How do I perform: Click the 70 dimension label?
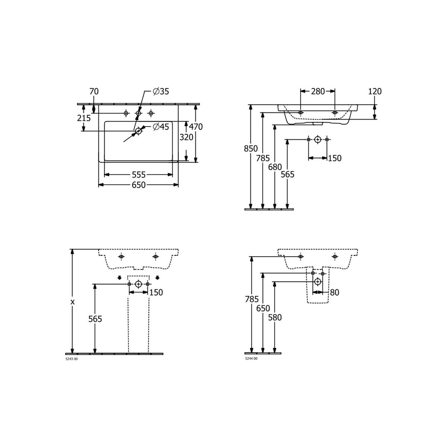click(x=94, y=91)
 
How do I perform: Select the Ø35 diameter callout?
click(x=161, y=91)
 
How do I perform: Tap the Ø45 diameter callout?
click(x=161, y=127)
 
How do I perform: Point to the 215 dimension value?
click(x=84, y=118)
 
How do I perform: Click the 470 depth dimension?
click(x=196, y=127)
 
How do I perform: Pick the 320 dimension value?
click(x=186, y=137)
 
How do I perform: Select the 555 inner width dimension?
click(x=139, y=174)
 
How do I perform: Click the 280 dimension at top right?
click(x=318, y=91)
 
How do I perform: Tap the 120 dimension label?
click(x=375, y=91)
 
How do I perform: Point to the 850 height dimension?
click(x=251, y=149)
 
